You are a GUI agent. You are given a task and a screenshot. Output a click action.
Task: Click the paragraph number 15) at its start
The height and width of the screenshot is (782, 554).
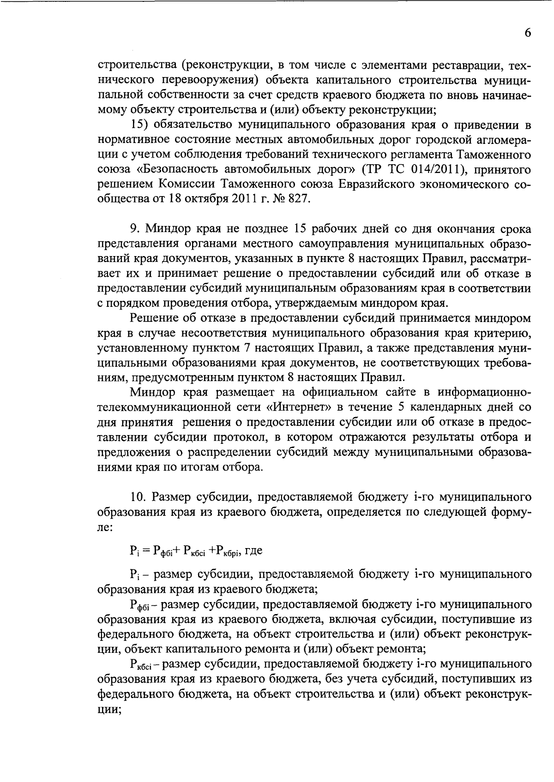(139, 125)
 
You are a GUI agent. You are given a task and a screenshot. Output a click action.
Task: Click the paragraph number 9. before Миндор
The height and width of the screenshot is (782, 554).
(135, 229)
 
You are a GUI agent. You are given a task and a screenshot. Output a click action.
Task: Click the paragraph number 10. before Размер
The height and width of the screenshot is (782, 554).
(138, 497)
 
